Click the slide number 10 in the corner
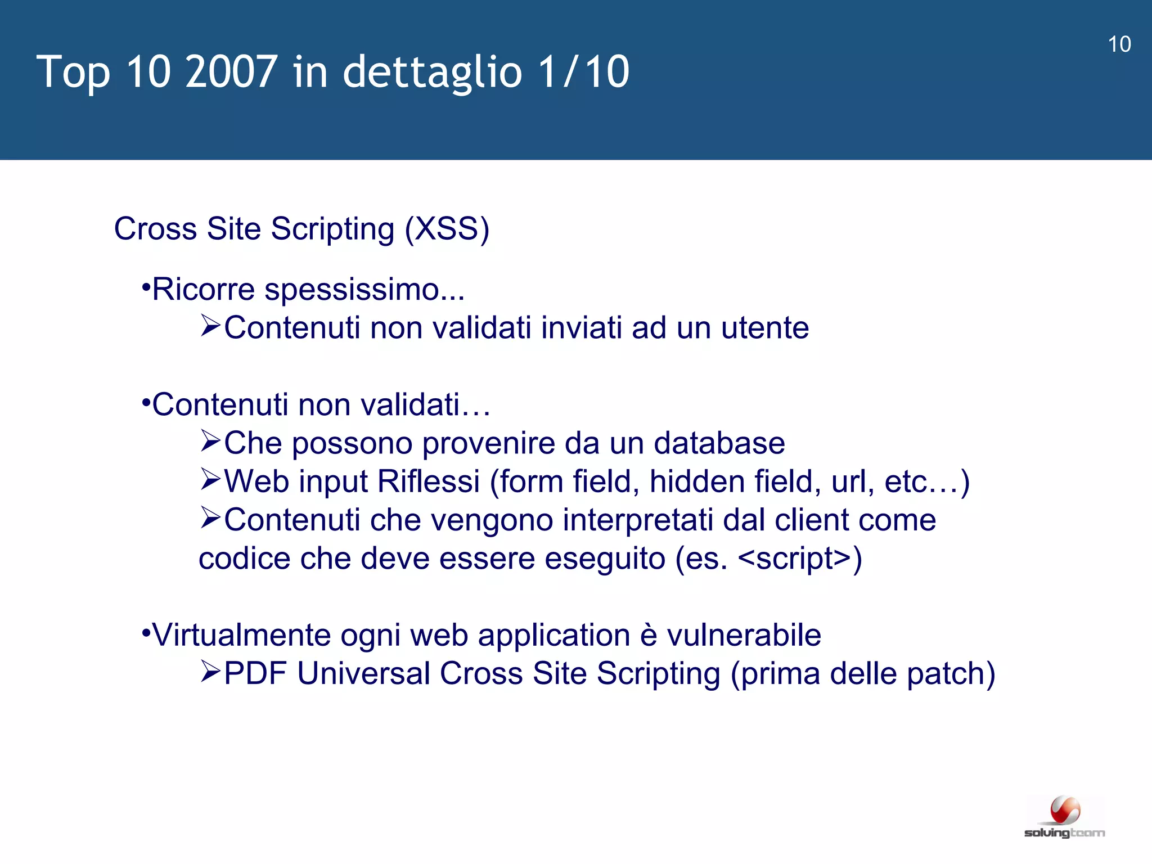(x=1119, y=44)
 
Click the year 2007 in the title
(x=231, y=71)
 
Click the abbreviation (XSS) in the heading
(x=447, y=229)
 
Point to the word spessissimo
(x=364, y=290)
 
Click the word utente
(x=764, y=328)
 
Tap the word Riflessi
(x=428, y=481)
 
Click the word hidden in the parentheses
(x=697, y=481)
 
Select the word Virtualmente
(x=241, y=636)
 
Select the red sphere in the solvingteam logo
(x=1065, y=811)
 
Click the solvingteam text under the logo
(x=1064, y=833)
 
